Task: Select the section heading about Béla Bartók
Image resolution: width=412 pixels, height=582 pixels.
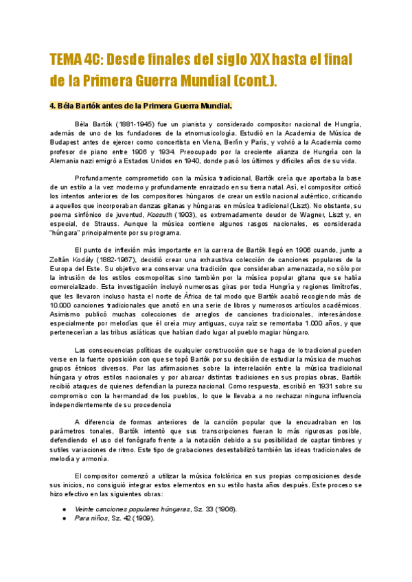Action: coord(141,105)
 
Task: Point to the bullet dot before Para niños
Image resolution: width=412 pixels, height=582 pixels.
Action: coord(64,518)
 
